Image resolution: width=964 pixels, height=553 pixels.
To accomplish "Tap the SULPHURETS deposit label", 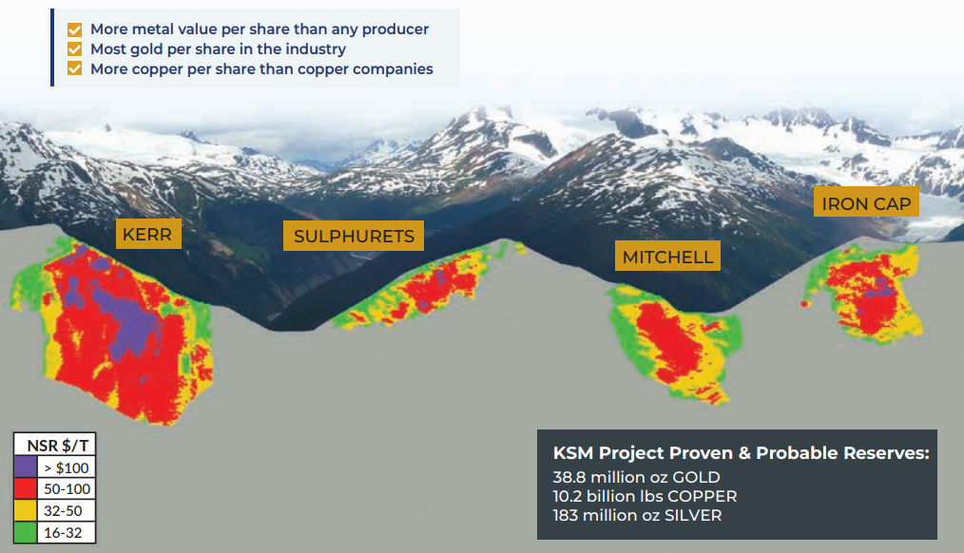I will pos(354,237).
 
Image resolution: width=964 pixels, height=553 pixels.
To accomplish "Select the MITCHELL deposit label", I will pos(667,257).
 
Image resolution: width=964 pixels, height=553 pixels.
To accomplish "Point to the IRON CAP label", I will pos(866,203).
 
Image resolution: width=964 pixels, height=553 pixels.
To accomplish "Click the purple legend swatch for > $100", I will pos(25,467).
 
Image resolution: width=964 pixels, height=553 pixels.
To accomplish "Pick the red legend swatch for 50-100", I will pos(25,489).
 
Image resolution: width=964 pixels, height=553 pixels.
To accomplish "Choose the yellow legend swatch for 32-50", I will pos(25,511).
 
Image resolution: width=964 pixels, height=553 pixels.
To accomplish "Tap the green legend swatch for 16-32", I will pos(25,533).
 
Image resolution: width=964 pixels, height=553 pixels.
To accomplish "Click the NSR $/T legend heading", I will pos(54,445).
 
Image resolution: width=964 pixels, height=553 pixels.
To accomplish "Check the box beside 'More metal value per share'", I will pos(75,29).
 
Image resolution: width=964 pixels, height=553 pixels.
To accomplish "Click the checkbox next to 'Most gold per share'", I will pos(75,49).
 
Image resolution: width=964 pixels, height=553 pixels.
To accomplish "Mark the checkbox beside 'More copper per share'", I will pos(75,69).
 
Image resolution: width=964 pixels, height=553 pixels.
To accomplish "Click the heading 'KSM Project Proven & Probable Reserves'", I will pos(741,453).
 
